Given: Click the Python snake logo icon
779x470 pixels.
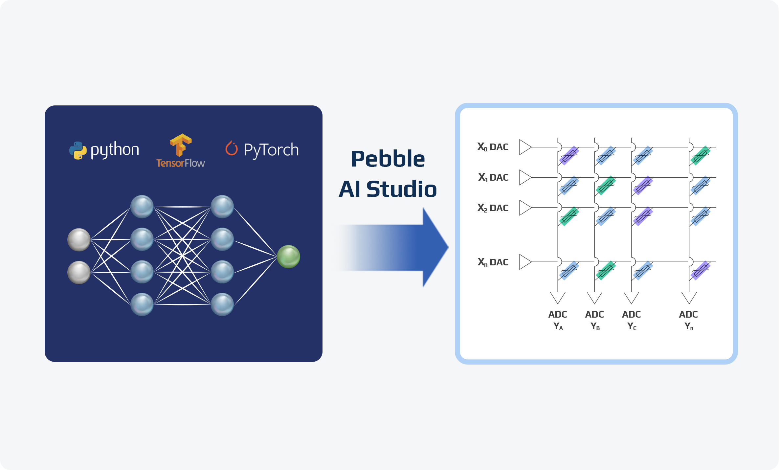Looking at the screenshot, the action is (78, 150).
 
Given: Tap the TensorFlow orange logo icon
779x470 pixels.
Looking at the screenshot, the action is (181, 145).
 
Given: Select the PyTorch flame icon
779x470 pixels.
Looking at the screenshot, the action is (232, 148).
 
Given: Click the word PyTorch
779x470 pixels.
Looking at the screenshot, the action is (271, 150).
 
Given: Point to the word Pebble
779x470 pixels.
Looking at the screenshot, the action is (388, 159).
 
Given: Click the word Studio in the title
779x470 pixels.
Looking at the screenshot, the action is (402, 189).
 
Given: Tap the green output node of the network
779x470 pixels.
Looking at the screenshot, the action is (288, 257).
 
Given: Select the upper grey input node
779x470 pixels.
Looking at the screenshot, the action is (79, 240).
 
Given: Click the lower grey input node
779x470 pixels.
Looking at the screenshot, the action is (79, 272).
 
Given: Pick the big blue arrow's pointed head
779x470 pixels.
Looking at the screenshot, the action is (448, 247).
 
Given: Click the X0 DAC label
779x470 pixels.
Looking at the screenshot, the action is (493, 147).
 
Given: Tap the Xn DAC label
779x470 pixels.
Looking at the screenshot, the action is (493, 262).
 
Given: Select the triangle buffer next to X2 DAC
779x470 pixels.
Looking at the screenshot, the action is (525, 208).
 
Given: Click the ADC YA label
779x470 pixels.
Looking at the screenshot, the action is (558, 320).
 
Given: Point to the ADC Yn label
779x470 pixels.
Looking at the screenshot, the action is (688, 320).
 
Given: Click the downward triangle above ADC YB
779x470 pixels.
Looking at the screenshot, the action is (594, 298).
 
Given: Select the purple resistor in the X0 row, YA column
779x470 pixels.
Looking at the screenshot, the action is (569, 155).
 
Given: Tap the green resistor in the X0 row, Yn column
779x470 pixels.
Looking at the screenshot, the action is (701, 155).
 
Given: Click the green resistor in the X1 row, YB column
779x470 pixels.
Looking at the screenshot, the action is (606, 186).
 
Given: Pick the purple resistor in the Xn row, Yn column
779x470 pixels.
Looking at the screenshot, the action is (701, 270).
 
